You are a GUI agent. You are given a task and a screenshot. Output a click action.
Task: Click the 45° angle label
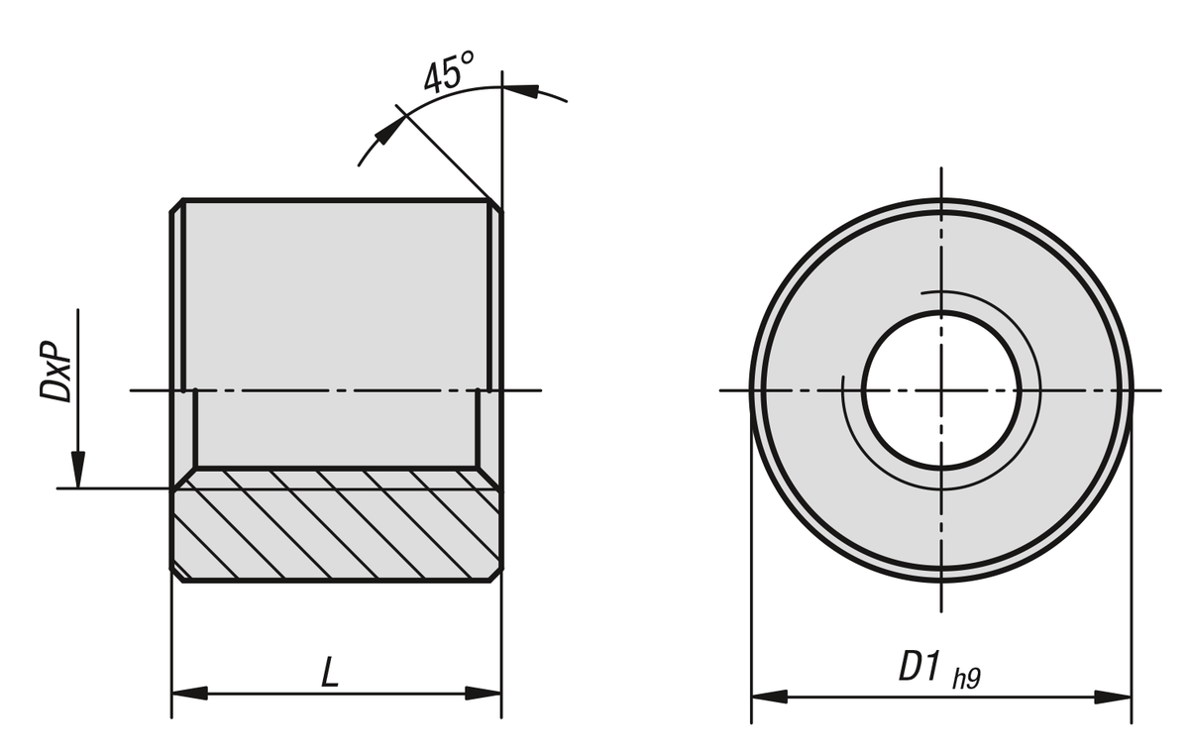[448, 75]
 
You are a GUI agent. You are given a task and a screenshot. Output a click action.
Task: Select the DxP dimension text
[55, 374]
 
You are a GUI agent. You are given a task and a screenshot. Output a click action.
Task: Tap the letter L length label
[331, 674]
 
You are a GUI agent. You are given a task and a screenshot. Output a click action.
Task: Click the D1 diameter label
[919, 668]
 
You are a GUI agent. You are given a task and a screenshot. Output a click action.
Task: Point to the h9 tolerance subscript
[966, 679]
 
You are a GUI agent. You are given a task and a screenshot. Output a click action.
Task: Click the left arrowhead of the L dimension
[189, 693]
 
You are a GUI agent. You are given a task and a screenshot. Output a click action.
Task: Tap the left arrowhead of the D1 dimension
[769, 697]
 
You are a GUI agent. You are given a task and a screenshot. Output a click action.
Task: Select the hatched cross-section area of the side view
[337, 525]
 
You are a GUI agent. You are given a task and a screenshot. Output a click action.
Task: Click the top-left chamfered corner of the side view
[177, 205]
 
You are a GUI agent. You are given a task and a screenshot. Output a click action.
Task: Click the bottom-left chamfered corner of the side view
[177, 575]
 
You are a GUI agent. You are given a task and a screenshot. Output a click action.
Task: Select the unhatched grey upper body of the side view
[337, 297]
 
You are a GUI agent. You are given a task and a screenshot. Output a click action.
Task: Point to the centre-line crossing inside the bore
[940, 389]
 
